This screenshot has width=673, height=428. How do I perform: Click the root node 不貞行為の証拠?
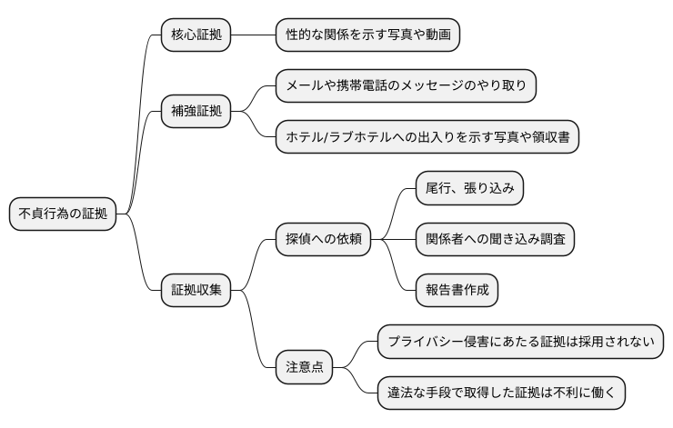(x=63, y=214)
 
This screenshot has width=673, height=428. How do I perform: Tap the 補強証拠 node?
(x=196, y=112)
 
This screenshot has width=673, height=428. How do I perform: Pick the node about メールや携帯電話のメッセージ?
(x=406, y=86)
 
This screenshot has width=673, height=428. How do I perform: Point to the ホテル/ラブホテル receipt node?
(x=427, y=137)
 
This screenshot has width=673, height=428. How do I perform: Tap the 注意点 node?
(x=305, y=368)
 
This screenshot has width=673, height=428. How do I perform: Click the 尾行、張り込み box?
(x=469, y=188)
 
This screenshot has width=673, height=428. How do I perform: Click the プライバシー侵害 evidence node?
(x=520, y=342)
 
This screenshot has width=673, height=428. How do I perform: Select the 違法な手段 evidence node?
(x=501, y=393)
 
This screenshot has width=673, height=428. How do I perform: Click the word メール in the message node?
(x=305, y=86)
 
